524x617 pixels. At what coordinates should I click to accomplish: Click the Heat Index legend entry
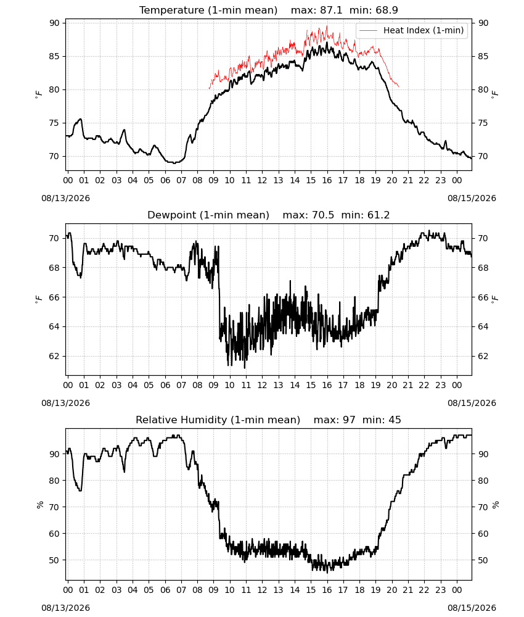pyautogui.click(x=412, y=30)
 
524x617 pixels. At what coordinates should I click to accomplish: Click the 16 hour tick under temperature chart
pyautogui.click(x=327, y=180)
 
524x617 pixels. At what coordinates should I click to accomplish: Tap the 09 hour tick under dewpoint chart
pyautogui.click(x=213, y=385)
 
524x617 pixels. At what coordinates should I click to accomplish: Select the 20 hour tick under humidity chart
pyautogui.click(x=392, y=590)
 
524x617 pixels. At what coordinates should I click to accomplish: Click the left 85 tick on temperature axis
pyautogui.click(x=55, y=56)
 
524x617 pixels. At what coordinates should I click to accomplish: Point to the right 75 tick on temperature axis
pyautogui.click(x=483, y=123)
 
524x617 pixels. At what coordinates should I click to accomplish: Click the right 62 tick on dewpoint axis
pyautogui.click(x=483, y=356)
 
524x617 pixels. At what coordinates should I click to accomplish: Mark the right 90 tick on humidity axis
pyautogui.click(x=483, y=454)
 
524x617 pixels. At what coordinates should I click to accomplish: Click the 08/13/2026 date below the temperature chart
pyautogui.click(x=65, y=198)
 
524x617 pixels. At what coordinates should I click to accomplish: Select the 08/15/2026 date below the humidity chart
pyautogui.click(x=472, y=608)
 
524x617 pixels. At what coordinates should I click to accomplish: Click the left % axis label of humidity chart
pyautogui.click(x=39, y=505)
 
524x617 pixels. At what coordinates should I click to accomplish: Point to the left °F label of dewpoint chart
pyautogui.click(x=38, y=299)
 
